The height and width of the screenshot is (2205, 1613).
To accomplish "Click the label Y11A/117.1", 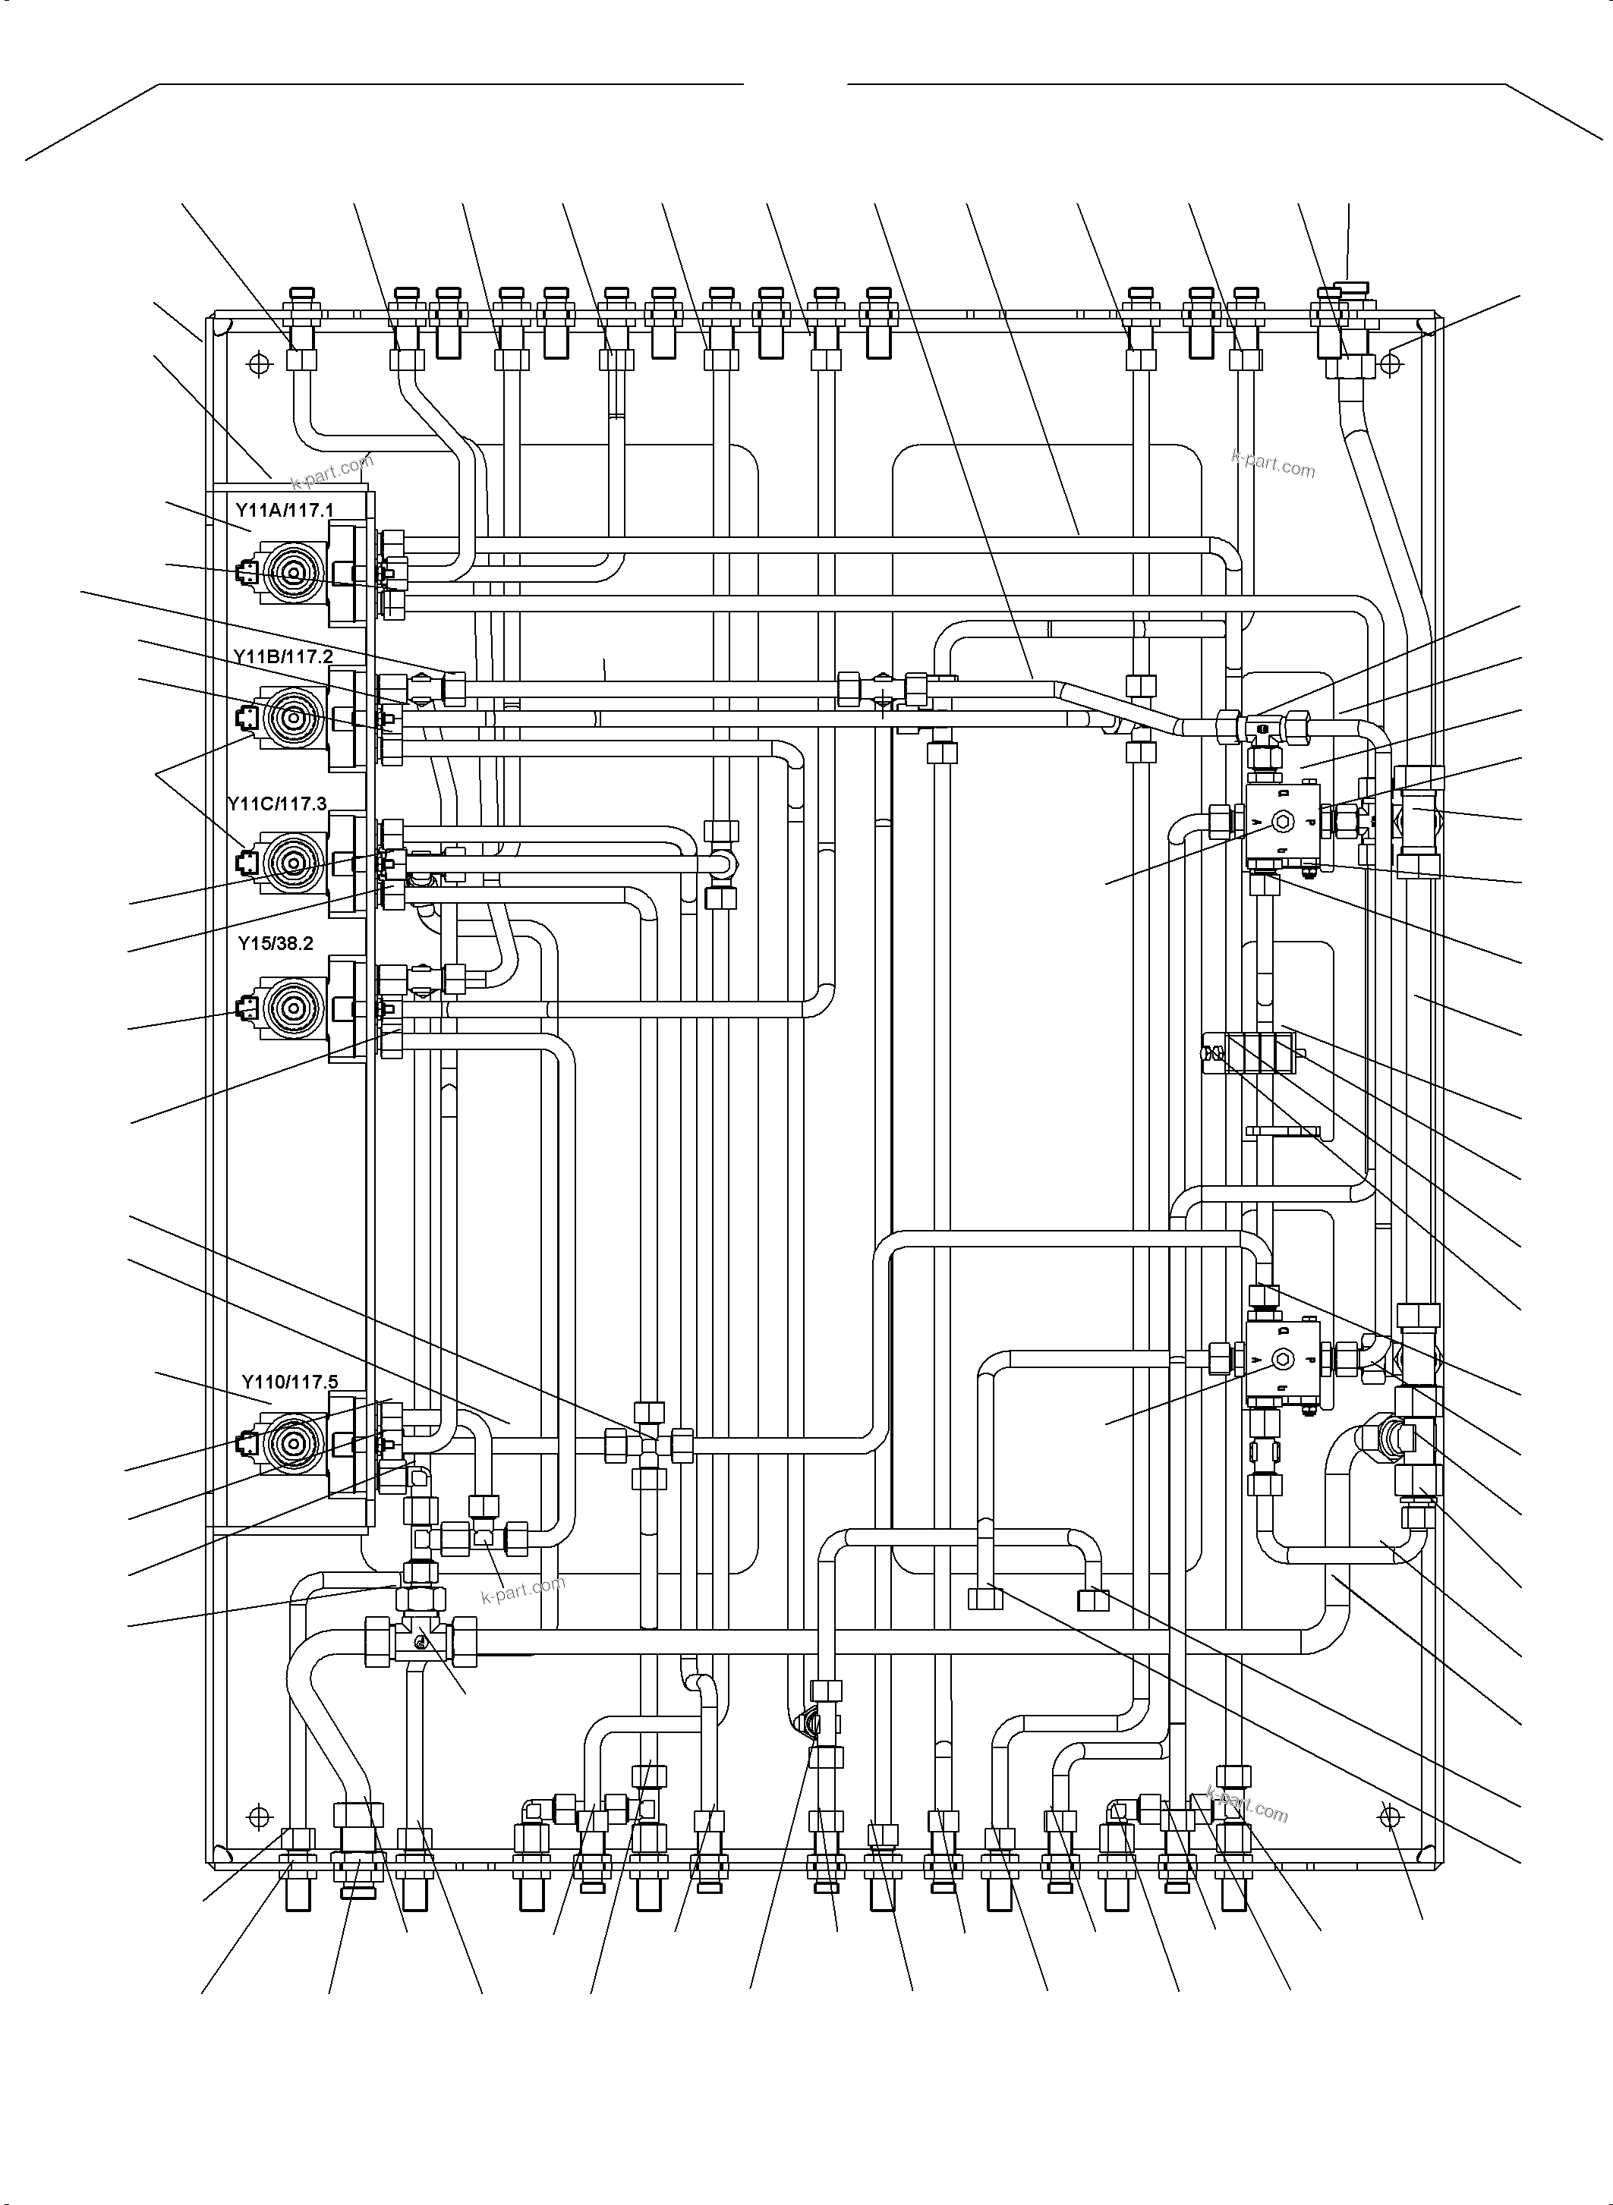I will click(x=284, y=510).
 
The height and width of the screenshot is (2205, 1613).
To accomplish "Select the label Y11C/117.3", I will click(x=277, y=804).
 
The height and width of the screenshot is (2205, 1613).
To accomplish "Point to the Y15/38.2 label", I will click(x=276, y=944).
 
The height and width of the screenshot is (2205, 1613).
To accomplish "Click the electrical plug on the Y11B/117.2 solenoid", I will click(x=245, y=719).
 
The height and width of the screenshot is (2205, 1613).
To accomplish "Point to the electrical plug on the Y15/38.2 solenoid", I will click(x=245, y=1006).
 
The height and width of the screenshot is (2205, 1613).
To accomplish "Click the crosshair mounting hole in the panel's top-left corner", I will click(x=259, y=364).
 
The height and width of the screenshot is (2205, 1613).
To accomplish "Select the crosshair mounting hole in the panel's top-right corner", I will click(x=1391, y=364).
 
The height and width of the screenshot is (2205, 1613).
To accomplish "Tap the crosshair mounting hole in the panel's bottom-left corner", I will click(x=259, y=1817).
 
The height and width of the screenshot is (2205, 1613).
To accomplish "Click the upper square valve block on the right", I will click(x=1282, y=823).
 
